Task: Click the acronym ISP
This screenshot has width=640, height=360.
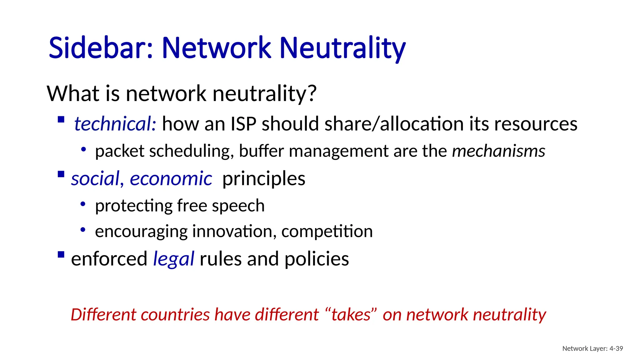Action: coord(243,124)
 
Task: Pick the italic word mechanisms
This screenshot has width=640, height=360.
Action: coord(498,151)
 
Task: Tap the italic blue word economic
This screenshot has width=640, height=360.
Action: coord(171,179)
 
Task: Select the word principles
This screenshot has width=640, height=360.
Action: coord(264,179)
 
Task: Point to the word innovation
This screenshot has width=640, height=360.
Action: coord(232,232)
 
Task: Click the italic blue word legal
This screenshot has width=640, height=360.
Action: coord(173,259)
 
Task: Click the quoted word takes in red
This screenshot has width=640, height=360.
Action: coord(351,315)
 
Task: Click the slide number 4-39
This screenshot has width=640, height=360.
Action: coord(616,348)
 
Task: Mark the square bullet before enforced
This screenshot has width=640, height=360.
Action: coord(61,255)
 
